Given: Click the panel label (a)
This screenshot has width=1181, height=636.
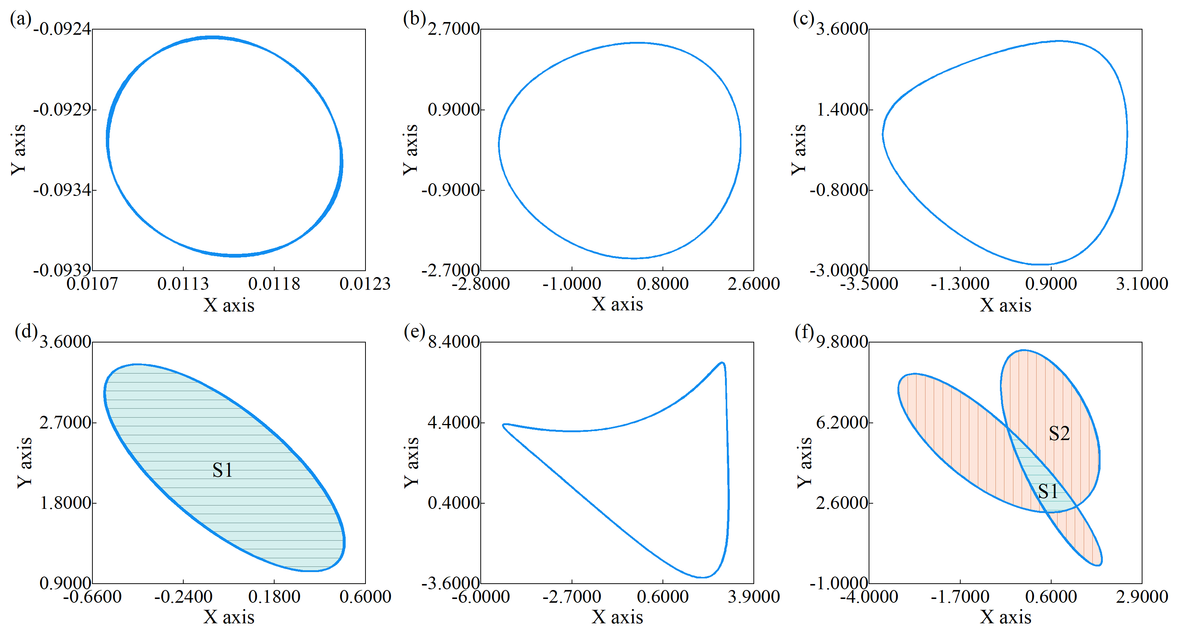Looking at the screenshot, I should (x=21, y=19).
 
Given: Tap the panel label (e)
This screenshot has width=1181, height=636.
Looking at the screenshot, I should (x=414, y=331).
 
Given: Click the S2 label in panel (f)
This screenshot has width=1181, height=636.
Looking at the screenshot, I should (x=1059, y=433).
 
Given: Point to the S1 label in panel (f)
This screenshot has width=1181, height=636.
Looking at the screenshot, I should (x=1048, y=492).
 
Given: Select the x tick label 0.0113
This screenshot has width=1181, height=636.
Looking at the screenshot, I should (x=183, y=284).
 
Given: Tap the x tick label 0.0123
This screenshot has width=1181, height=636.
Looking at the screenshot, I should (x=365, y=284).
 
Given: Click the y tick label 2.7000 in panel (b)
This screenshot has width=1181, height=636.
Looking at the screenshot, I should (x=453, y=29).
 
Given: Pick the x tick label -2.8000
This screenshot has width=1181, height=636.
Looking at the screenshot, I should (x=480, y=284).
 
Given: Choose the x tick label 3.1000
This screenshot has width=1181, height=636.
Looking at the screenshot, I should (x=1142, y=284).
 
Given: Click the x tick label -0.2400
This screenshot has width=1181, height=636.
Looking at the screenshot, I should (x=183, y=597).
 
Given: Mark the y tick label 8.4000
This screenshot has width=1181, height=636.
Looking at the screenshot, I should (x=453, y=342).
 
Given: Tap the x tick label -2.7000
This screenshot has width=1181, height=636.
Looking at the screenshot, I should (x=572, y=597).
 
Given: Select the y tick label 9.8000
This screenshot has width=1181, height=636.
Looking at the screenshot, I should (x=842, y=342).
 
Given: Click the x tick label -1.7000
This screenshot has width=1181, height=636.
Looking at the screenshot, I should (x=960, y=597).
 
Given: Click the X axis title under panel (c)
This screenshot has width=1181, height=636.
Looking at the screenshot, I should (x=1006, y=305).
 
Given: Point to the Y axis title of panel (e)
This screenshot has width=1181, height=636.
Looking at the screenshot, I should (x=411, y=463).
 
